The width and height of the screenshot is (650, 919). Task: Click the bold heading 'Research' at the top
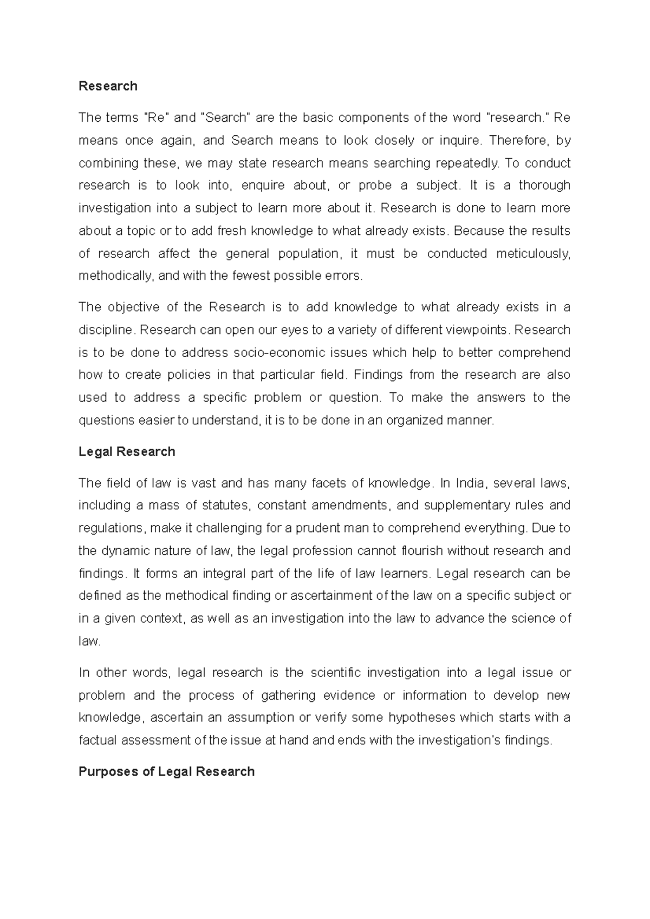pyautogui.click(x=108, y=86)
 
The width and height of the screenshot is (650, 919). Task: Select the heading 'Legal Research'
pyautogui.click(x=127, y=452)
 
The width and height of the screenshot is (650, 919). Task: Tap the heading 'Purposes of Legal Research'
pyautogui.click(x=166, y=772)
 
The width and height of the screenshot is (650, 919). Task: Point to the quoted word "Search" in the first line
pyautogui.click(x=225, y=118)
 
